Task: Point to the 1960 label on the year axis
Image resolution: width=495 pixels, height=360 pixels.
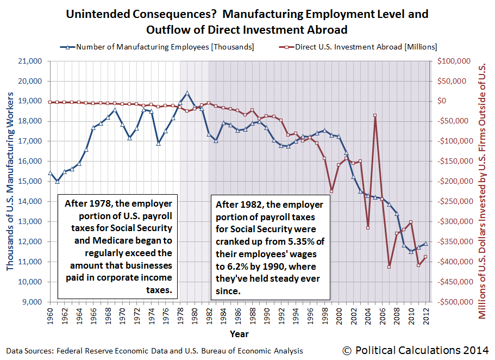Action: pyautogui.click(x=50, y=314)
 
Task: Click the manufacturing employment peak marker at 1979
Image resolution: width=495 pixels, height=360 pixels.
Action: pyautogui.click(x=187, y=93)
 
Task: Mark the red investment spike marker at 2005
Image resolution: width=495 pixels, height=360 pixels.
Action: pyautogui.click(x=375, y=115)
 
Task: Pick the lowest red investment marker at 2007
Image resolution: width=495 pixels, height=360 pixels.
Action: pyautogui.click(x=389, y=266)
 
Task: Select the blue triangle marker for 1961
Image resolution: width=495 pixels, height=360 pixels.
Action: pyautogui.click(x=57, y=181)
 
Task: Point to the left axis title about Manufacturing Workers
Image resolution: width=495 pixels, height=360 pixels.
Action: pyautogui.click(x=11, y=182)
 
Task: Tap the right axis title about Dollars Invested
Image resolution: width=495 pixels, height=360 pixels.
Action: pyautogui.click(x=483, y=182)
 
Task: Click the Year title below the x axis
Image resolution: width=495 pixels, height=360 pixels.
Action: pyautogui.click(x=240, y=333)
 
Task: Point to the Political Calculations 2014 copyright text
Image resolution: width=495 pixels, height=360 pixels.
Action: pyautogui.click(x=416, y=350)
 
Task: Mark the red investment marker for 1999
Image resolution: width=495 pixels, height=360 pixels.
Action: pyautogui.click(x=332, y=191)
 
